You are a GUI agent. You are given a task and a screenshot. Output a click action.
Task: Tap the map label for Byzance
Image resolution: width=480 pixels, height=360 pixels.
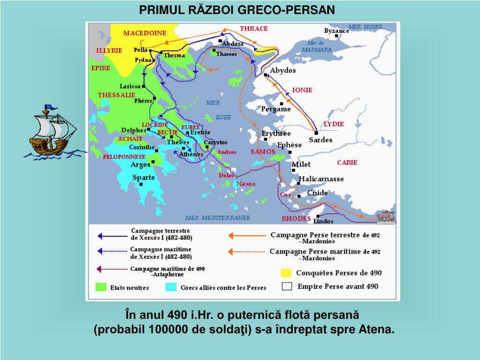(x=337, y=31)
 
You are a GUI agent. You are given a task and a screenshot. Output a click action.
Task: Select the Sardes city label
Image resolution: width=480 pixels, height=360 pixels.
(x=321, y=140)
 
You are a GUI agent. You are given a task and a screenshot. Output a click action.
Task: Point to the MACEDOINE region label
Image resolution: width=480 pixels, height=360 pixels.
(x=145, y=33)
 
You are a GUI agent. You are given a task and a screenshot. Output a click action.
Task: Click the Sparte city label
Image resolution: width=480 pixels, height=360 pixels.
(x=143, y=178)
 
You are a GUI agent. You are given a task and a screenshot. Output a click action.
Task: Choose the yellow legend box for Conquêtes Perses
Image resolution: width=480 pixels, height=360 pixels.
(x=286, y=273)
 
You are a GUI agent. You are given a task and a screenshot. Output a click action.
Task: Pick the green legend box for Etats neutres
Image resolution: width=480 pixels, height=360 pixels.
(x=100, y=287)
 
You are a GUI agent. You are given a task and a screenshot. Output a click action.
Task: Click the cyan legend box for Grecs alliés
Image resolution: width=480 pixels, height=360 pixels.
(x=171, y=287)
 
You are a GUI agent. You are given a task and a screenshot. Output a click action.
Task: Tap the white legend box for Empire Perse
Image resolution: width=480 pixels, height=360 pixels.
(x=286, y=286)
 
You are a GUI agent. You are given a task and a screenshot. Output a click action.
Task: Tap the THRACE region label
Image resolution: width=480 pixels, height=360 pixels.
(x=254, y=29)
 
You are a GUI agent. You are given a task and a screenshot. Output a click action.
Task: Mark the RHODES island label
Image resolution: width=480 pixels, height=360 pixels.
(x=296, y=218)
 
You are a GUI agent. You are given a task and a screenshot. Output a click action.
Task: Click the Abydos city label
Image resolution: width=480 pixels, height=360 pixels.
(x=283, y=70)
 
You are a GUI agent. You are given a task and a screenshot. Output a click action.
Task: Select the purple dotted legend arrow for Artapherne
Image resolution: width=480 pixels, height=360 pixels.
(x=112, y=270)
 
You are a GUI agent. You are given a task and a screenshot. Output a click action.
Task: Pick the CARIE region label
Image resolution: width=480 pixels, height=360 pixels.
(x=347, y=163)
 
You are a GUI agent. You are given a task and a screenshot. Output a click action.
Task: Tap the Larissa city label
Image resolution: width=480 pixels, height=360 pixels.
(x=130, y=86)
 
